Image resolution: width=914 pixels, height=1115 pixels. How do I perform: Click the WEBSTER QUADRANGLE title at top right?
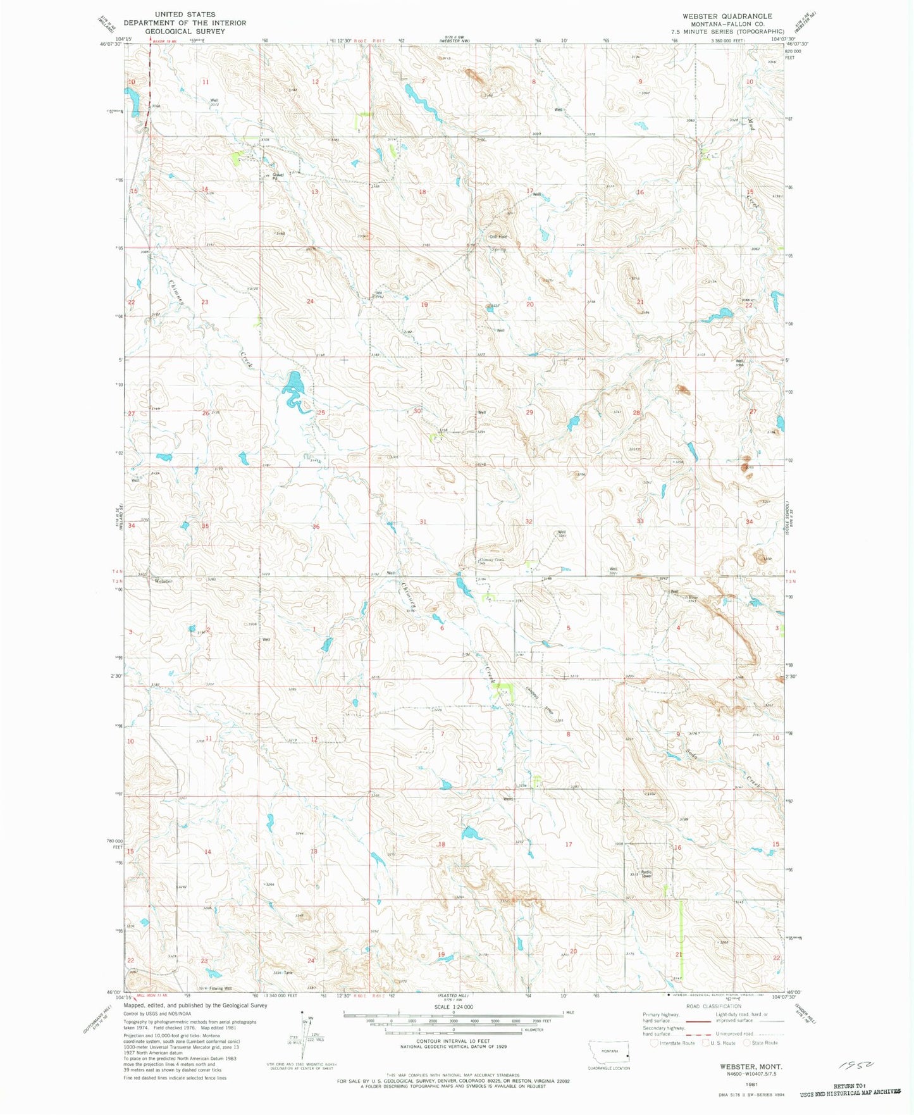(727, 16)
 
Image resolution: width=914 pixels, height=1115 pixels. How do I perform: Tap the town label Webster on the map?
(163, 582)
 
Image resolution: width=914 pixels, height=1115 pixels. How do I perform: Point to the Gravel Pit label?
(270, 177)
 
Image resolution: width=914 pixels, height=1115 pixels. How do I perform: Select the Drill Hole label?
(498, 237)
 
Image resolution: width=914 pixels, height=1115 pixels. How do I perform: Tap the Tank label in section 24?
(288, 973)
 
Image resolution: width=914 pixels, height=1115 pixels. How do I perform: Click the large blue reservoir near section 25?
(293, 385)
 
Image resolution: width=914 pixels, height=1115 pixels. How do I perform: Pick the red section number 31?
(423, 522)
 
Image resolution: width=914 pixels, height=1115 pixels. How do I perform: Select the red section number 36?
(316, 526)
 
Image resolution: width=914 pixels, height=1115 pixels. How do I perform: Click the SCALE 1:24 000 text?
(453, 1007)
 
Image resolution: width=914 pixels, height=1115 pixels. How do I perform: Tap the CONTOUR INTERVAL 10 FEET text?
(453, 1041)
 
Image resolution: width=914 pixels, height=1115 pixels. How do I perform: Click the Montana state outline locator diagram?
(609, 1056)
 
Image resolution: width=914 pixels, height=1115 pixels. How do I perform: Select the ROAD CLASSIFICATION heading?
(713, 1006)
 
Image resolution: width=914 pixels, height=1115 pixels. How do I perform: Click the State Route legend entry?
(765, 1043)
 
